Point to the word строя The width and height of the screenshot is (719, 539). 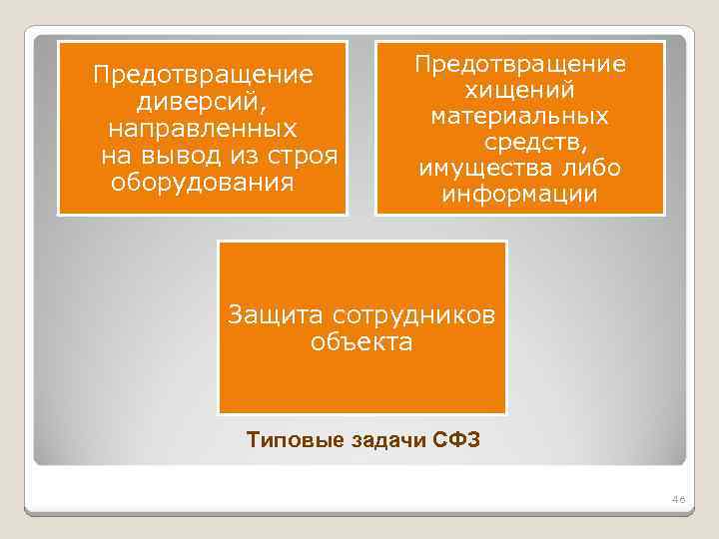[x=309, y=157]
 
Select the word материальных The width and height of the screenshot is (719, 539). [x=520, y=117]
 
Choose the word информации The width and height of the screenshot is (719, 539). [x=520, y=194]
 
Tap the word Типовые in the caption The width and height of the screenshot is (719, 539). [x=290, y=439]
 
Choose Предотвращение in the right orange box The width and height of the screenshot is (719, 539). [x=520, y=64]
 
